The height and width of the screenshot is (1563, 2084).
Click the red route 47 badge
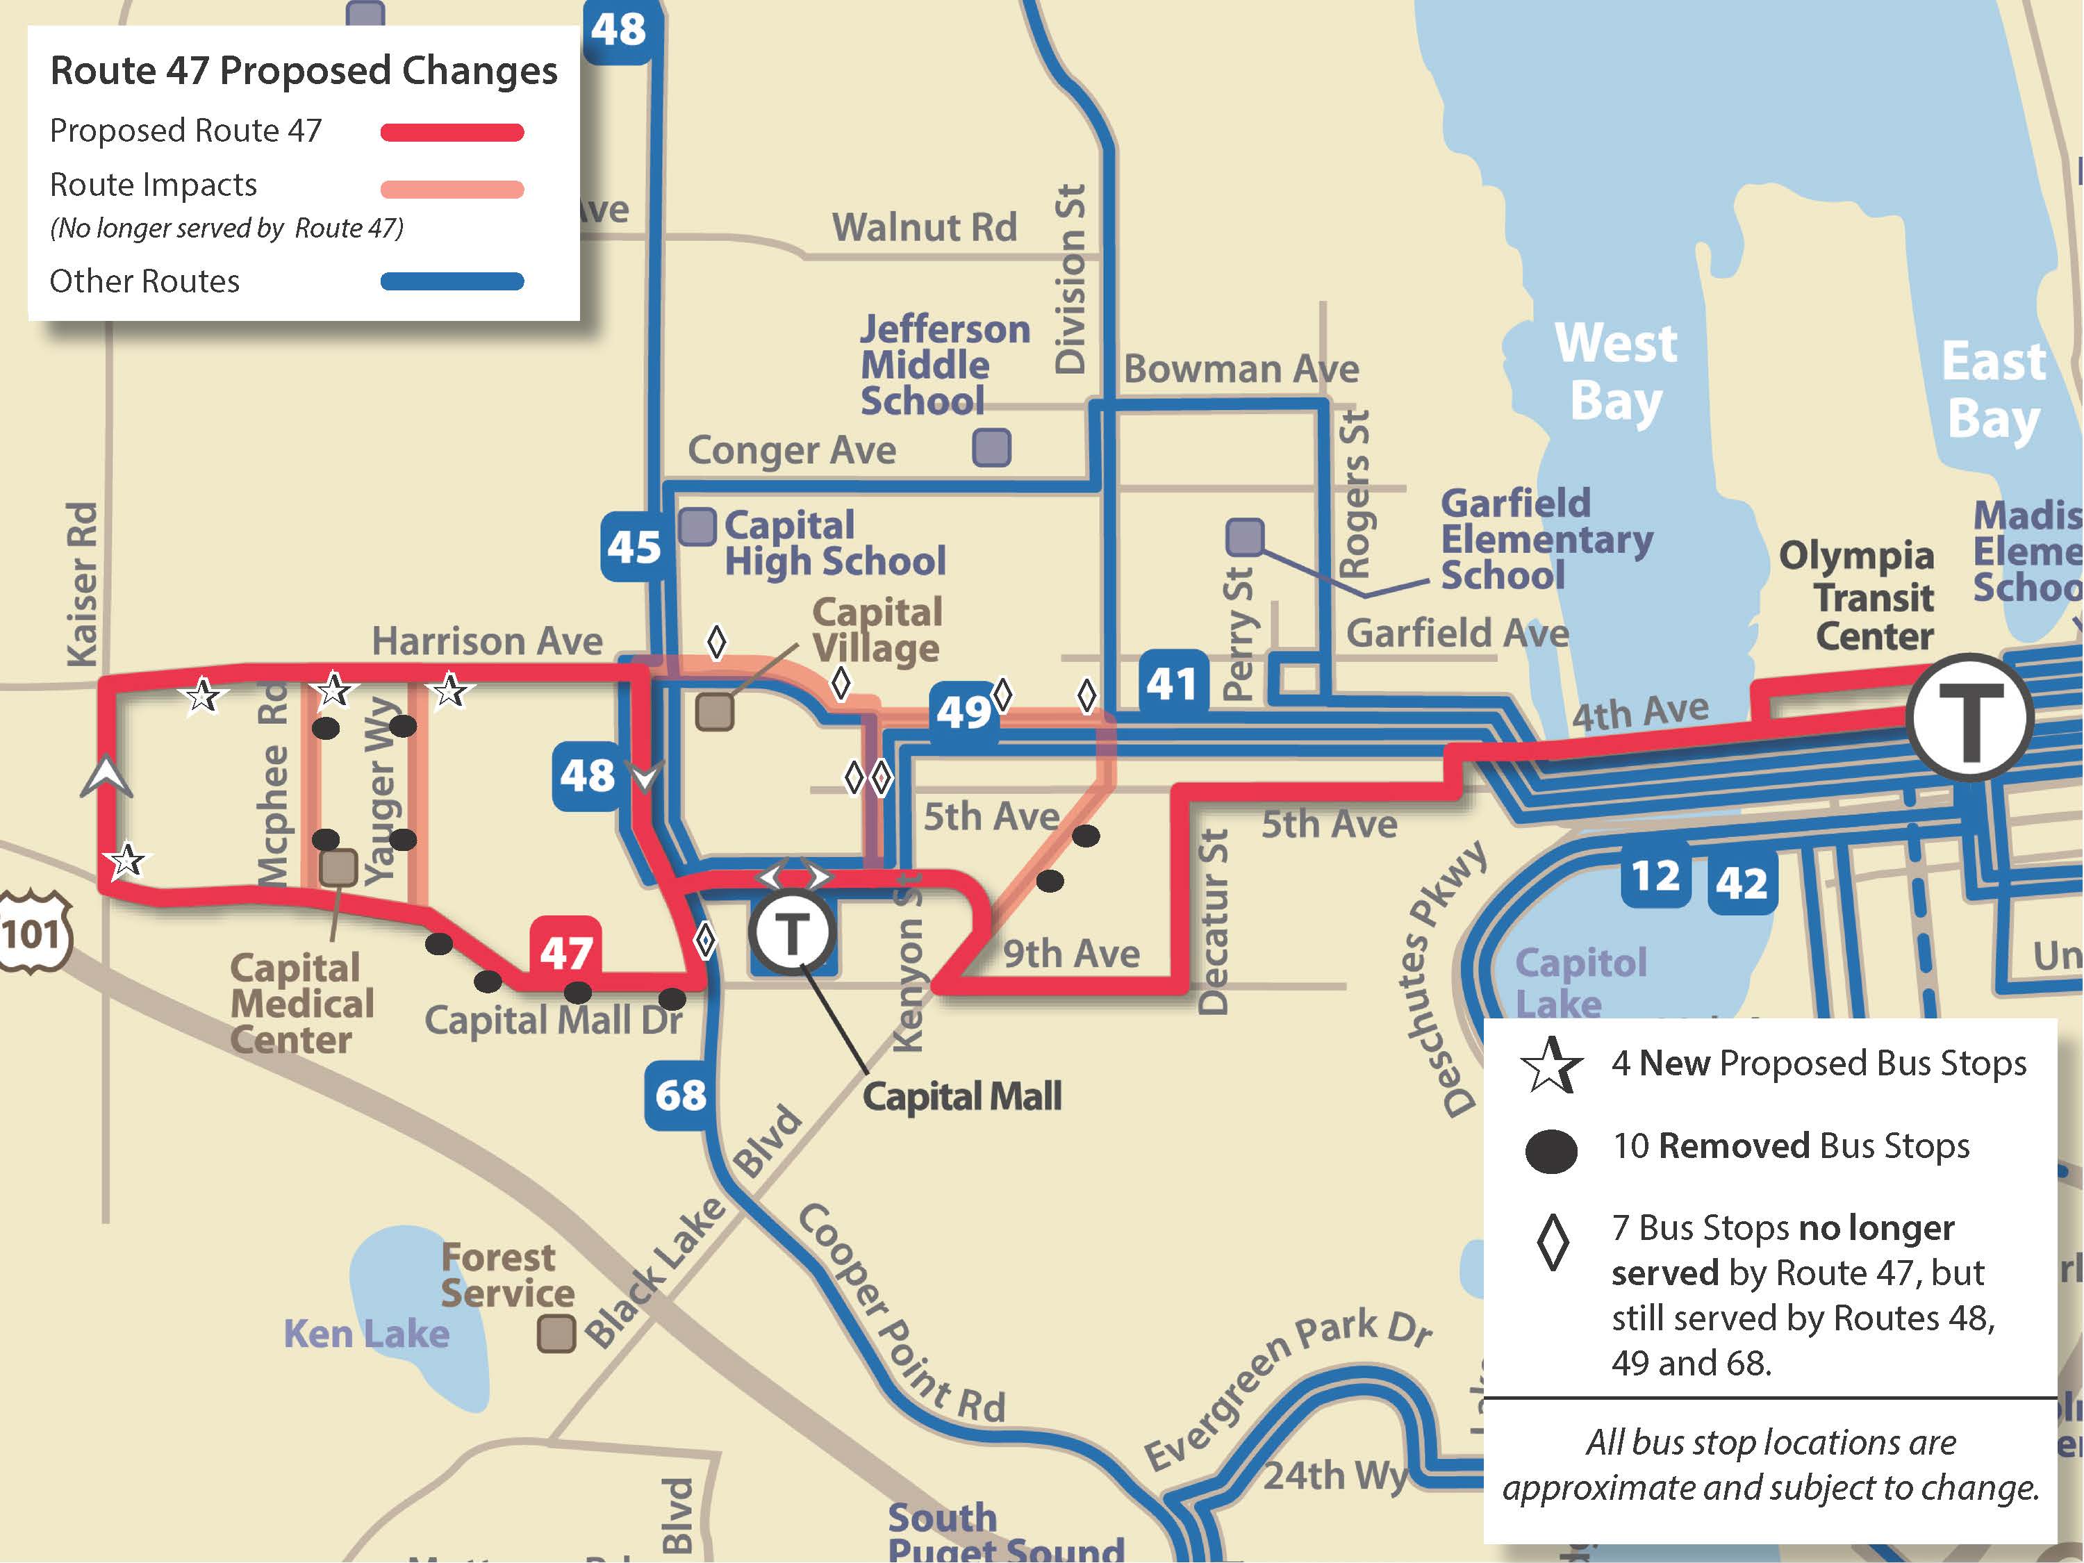(x=565, y=952)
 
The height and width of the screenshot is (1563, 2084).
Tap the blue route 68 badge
(x=679, y=1095)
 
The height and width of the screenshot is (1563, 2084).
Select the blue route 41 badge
(x=1172, y=682)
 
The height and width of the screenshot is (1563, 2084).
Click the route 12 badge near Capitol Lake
(x=1655, y=876)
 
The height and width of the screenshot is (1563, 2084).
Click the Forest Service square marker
(x=556, y=1333)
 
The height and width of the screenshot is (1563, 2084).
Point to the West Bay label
(x=1616, y=371)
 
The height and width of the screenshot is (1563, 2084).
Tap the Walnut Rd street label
(x=923, y=227)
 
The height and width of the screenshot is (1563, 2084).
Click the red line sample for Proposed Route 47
(x=452, y=133)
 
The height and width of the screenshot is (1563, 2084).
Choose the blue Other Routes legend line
(x=452, y=281)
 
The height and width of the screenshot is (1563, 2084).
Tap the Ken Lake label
(x=367, y=1333)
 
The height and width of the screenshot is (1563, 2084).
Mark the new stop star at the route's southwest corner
(x=127, y=860)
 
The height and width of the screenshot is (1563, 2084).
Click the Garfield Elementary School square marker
(x=1245, y=537)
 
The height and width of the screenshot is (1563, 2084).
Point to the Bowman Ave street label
(x=1241, y=368)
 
